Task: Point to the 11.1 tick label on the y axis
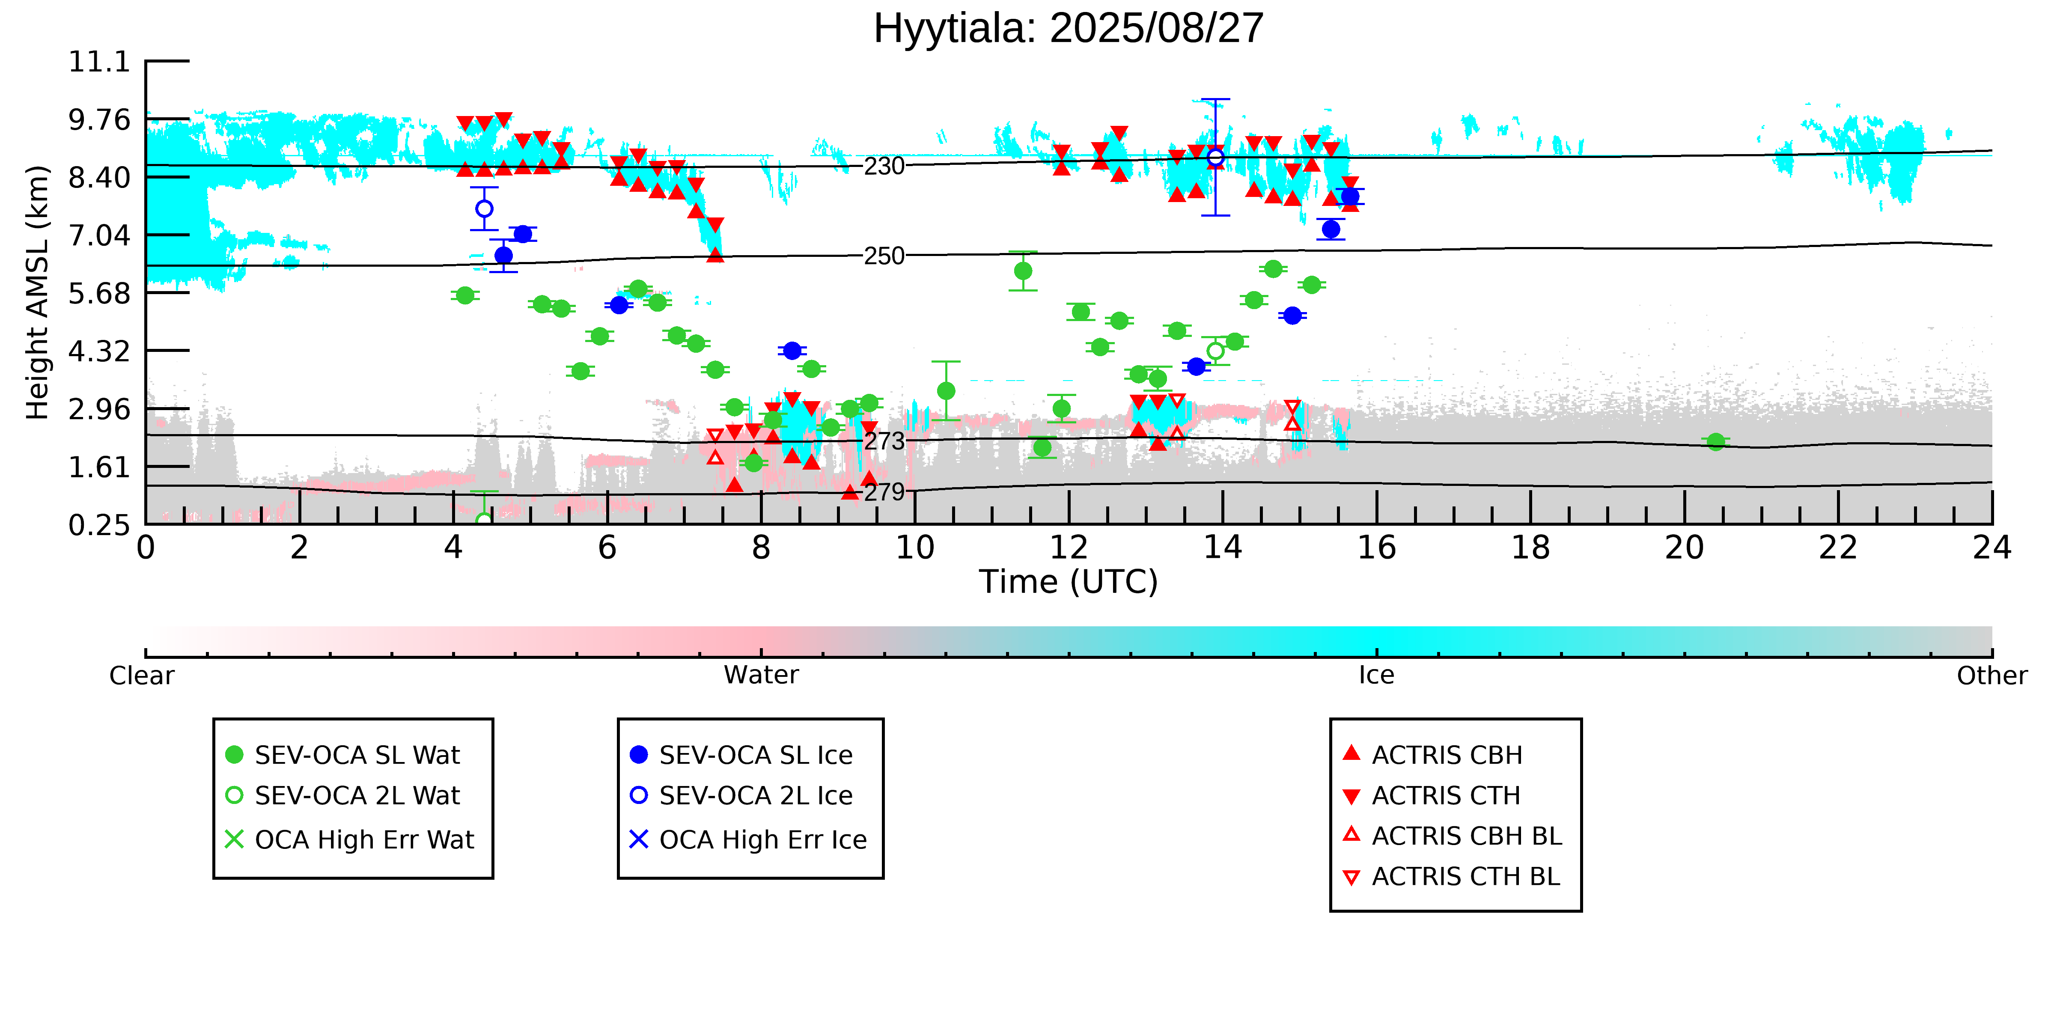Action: click(99, 61)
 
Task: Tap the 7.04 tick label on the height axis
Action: click(99, 235)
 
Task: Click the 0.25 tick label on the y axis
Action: click(99, 525)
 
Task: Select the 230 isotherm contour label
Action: click(884, 166)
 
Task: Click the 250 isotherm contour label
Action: click(884, 256)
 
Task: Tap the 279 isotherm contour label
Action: click(884, 492)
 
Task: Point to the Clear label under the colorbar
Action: click(142, 676)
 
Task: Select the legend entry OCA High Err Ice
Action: click(762, 839)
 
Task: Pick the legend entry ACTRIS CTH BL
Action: click(1465, 876)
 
